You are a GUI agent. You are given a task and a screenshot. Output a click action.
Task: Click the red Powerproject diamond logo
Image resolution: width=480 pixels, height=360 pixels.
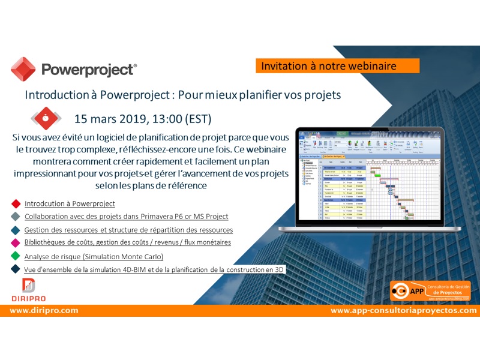23,69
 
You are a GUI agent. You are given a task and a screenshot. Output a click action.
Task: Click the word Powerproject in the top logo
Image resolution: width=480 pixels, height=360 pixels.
88,70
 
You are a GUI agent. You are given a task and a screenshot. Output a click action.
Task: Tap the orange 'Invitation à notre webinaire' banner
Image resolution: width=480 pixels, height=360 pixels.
337,66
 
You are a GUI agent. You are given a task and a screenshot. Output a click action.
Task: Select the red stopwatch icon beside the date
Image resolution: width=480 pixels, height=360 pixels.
46,118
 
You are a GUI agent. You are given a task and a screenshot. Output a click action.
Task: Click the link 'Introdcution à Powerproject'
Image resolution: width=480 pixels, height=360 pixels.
70,203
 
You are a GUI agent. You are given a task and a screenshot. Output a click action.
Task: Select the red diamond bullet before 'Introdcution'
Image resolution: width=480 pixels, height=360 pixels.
15,203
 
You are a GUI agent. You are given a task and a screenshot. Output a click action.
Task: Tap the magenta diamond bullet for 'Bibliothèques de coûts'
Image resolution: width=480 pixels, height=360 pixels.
15,242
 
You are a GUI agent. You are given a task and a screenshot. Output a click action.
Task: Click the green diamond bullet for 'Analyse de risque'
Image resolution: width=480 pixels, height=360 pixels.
15,256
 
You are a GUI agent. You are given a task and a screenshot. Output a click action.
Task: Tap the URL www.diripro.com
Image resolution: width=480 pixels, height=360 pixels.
44,311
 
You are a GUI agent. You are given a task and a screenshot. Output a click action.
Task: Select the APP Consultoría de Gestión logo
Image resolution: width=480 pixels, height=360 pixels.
425,292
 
